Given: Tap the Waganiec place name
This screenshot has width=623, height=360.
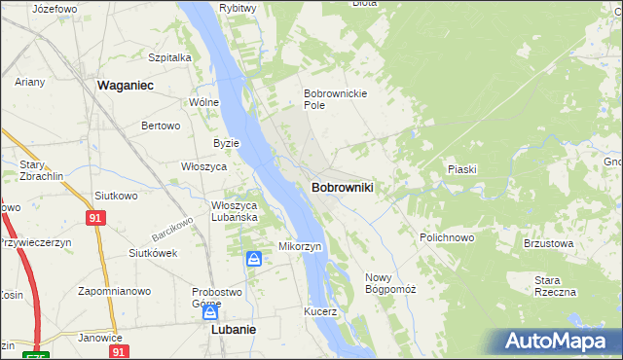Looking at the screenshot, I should pos(128,86).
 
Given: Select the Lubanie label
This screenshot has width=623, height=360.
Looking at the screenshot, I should pos(234,330).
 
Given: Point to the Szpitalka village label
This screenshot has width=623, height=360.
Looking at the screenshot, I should pos(169,57).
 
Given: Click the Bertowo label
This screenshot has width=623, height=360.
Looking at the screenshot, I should pos(162,126).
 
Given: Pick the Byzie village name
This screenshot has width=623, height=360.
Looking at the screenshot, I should pos(226,143).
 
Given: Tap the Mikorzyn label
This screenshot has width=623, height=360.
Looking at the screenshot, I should pos(301,246).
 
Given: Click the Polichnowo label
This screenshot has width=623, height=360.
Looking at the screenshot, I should pos(447,237).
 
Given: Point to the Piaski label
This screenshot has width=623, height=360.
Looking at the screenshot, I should pos(461,169).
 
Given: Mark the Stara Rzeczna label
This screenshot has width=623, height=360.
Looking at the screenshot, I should pos(555,286).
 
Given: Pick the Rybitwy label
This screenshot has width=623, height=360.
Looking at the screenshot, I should pos(238,8).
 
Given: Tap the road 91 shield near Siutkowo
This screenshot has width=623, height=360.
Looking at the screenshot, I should pos(94,219).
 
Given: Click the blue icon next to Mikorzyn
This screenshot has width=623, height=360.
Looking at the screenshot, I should pos(253,259).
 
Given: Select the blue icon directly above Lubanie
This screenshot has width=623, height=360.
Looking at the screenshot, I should pos(209,312).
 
